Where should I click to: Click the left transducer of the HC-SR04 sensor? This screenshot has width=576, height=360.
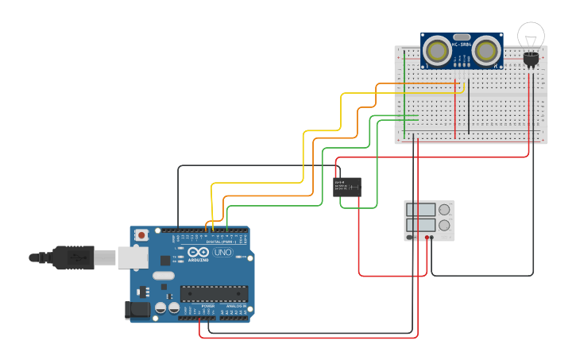click(x=435, y=51)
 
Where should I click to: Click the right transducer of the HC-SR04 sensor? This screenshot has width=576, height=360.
click(x=486, y=51)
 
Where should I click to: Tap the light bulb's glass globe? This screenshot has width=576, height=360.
click(x=532, y=35)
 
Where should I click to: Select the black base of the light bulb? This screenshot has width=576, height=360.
click(x=531, y=58)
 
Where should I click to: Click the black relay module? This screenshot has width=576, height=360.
click(x=347, y=188)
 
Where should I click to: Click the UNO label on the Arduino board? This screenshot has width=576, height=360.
click(x=223, y=253)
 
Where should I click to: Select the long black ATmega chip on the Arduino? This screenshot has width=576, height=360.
click(x=213, y=293)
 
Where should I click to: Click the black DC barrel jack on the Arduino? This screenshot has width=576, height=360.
click(x=138, y=310)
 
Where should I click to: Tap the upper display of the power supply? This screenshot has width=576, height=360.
click(x=421, y=211)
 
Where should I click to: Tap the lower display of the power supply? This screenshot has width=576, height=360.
click(x=421, y=226)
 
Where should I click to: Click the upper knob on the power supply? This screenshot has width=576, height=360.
click(x=444, y=211)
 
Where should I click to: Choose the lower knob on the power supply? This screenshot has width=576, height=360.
click(x=444, y=226)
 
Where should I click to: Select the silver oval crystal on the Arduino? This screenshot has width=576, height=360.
click(x=162, y=276)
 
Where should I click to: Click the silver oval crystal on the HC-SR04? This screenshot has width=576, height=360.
click(x=461, y=37)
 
